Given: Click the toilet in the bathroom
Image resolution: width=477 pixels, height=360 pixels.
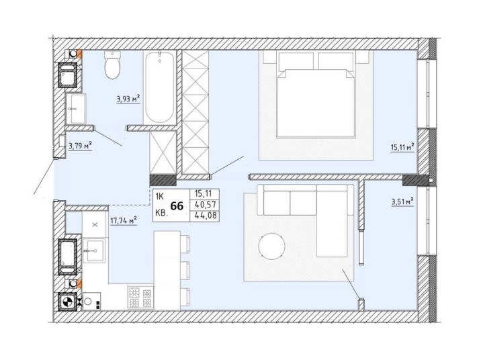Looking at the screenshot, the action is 112,64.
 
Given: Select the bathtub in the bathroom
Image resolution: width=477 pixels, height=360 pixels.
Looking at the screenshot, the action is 160,87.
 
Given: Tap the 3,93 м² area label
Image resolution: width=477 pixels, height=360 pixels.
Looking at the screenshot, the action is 128,99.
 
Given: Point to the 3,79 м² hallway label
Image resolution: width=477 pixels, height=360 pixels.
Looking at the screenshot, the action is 81,146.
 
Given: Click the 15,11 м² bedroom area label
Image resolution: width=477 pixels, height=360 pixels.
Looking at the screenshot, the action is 402,148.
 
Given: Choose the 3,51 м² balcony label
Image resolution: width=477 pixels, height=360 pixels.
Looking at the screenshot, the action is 402,201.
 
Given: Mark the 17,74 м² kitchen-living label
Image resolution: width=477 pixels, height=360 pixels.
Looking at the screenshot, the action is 123,220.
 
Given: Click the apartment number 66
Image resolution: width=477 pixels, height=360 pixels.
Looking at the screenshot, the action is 177,206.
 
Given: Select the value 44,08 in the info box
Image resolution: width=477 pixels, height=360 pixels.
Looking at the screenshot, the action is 204,216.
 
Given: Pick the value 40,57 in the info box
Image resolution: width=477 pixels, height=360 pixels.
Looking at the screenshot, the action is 205,205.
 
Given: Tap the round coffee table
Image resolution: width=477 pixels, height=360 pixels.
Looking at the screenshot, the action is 271,246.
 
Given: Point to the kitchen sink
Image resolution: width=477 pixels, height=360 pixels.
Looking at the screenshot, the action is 94,251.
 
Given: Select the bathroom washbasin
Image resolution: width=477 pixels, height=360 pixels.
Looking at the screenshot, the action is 76,109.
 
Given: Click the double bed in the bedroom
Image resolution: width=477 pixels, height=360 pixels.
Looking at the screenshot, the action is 316,95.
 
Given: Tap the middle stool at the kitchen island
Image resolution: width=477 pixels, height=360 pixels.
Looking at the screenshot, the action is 185,270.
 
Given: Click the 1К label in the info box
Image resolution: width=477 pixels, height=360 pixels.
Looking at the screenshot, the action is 160,196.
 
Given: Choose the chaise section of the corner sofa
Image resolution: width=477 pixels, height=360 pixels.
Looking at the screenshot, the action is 332,222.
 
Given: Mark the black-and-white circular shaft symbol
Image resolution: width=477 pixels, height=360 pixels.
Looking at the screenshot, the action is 68,302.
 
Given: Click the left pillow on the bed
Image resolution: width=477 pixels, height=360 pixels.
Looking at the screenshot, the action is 296,61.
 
